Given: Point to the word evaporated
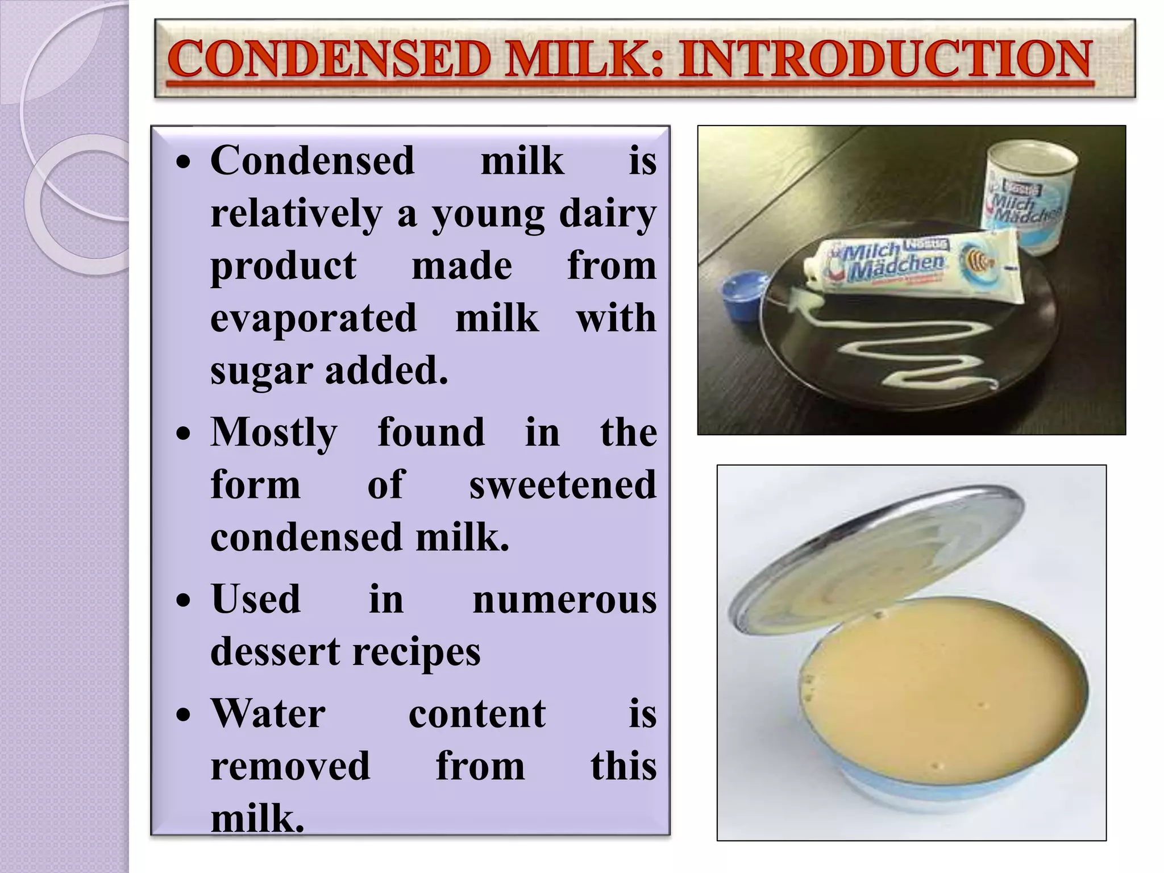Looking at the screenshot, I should (314, 318).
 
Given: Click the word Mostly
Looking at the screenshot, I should (275, 433).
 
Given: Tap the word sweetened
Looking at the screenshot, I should (563, 485).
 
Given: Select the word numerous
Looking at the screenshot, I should (564, 600).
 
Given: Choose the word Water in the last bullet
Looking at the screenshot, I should (268, 714).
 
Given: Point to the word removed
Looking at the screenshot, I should (290, 766).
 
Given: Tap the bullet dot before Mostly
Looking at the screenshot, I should (184, 435).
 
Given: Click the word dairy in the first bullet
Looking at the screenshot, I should (608, 214).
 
